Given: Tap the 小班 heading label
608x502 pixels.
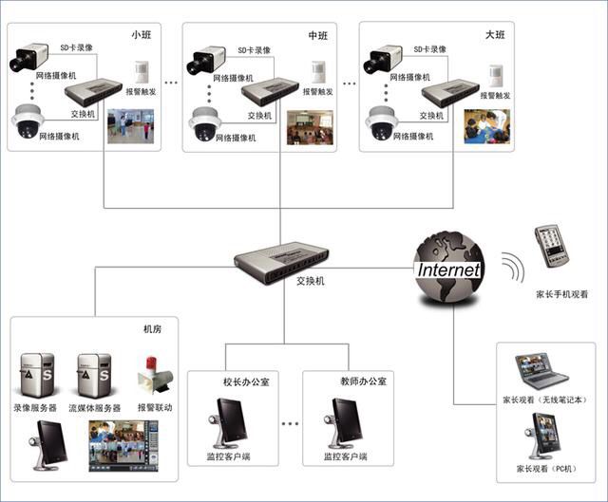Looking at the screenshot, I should [141, 35].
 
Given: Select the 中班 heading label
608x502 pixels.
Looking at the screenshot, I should [317, 35].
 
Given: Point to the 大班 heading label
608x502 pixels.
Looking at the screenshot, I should [494, 35].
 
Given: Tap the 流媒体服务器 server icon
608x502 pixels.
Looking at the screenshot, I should [94, 376].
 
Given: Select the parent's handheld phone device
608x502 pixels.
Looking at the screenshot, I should [550, 248].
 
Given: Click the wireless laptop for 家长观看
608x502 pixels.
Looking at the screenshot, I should [540, 370].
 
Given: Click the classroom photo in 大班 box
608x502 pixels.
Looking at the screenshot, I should [486, 126].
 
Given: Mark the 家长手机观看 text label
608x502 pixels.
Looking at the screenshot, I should [561, 296].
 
